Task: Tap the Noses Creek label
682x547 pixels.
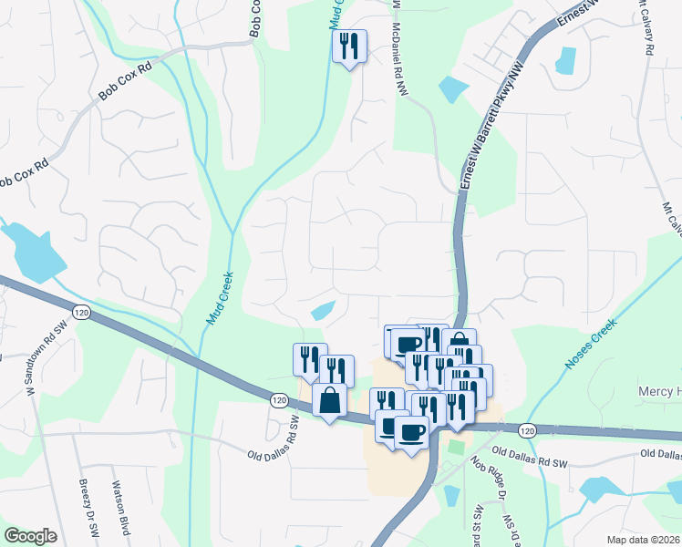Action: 591,343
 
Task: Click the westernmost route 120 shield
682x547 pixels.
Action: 81,312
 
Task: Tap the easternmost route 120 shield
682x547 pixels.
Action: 527,428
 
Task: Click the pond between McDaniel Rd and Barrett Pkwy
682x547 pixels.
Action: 452,89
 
